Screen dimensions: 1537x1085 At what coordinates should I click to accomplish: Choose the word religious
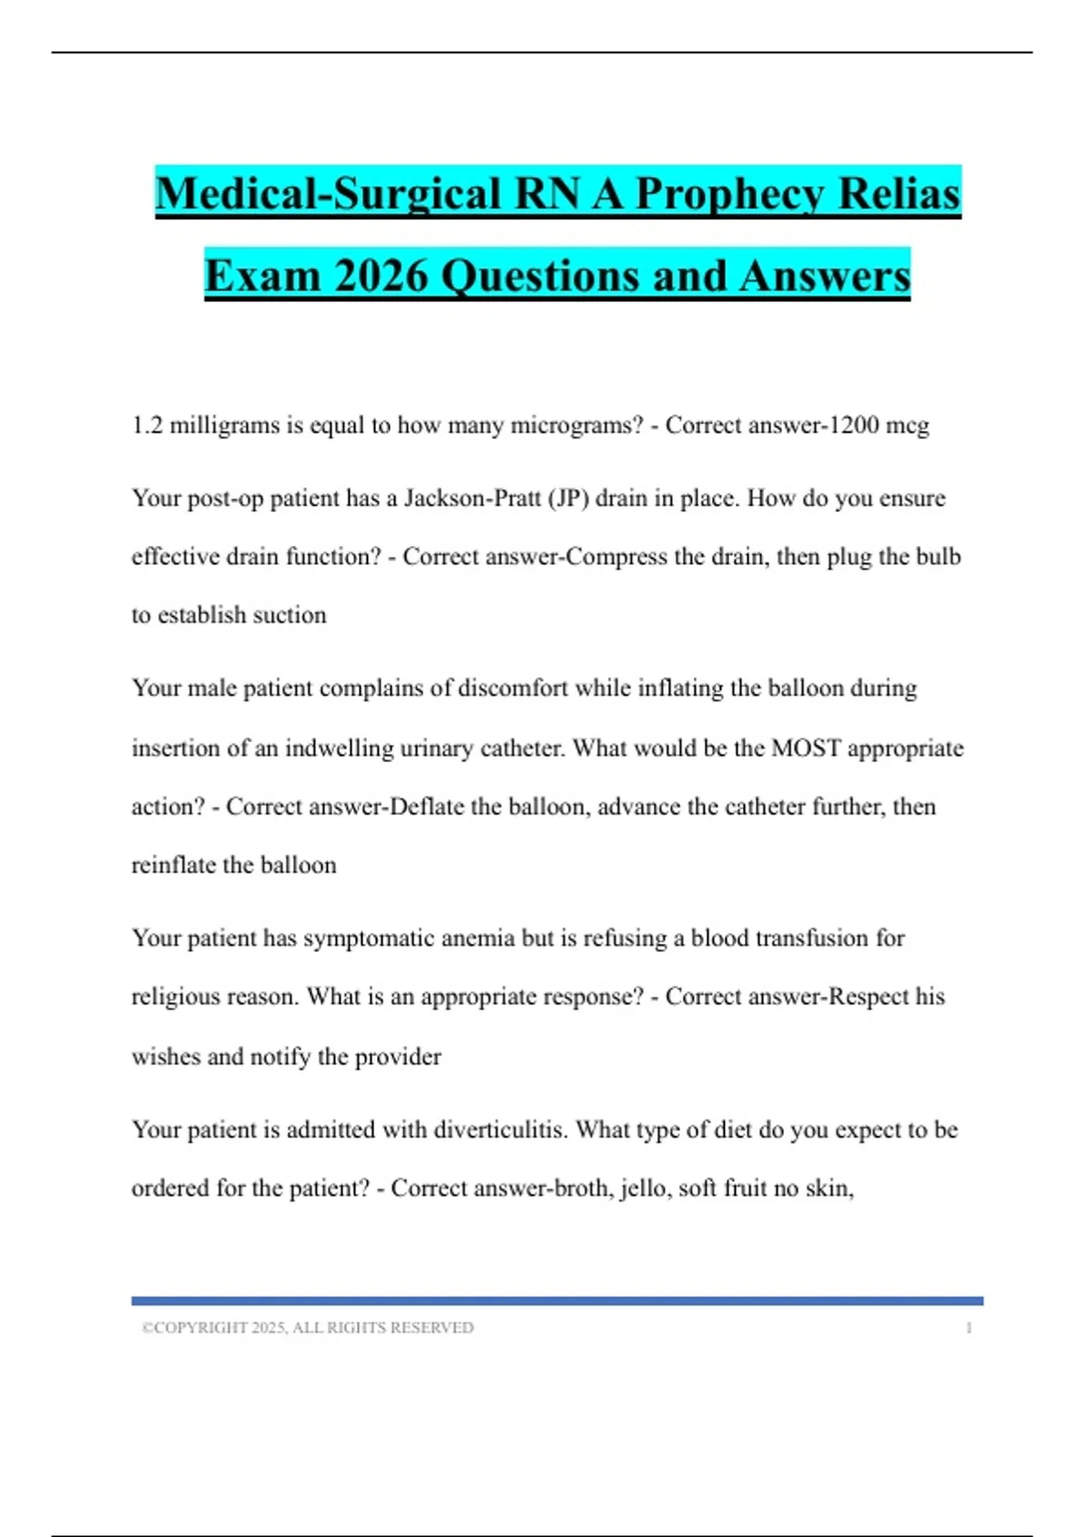click(x=169, y=997)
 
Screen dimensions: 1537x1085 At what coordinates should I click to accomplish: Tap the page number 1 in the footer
click(x=968, y=1328)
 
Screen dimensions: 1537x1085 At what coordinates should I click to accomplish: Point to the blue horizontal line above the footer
click(x=557, y=1301)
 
